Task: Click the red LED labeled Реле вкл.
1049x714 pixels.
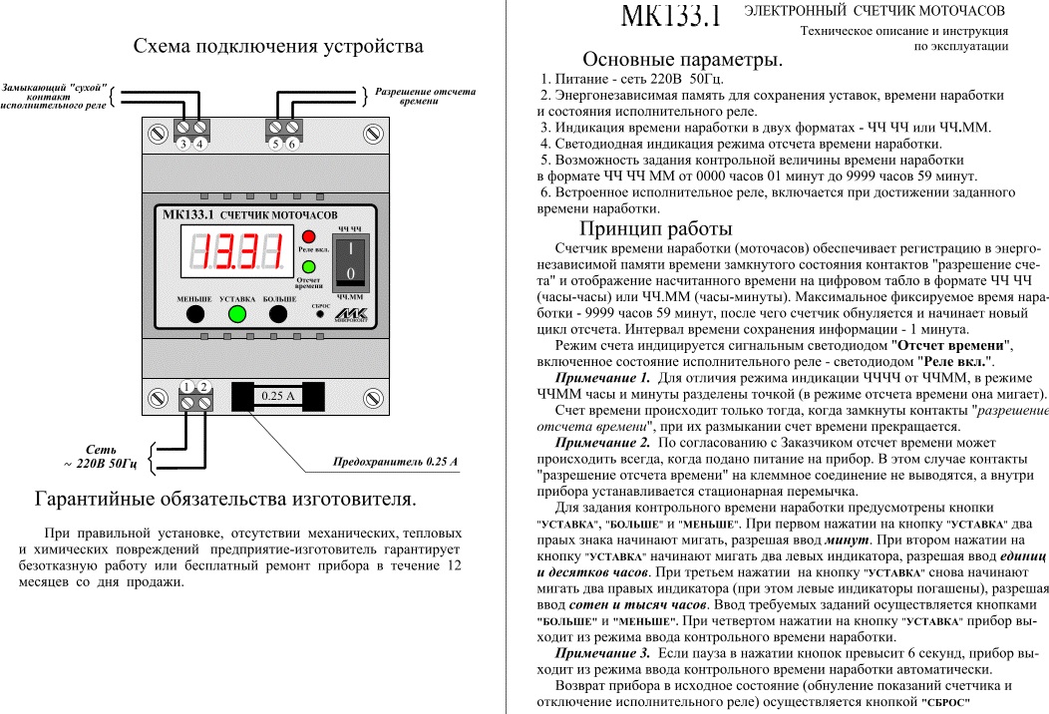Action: [308, 235]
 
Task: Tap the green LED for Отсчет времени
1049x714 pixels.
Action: [308, 266]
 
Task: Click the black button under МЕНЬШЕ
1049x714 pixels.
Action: [194, 314]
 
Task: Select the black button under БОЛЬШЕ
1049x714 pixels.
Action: [279, 314]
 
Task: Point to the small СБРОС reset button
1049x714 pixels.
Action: [320, 314]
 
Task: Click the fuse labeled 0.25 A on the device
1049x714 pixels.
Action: [278, 396]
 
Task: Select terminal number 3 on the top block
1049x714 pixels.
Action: [184, 131]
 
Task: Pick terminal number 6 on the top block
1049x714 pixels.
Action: [291, 131]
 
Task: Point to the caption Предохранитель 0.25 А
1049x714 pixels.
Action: [395, 463]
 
